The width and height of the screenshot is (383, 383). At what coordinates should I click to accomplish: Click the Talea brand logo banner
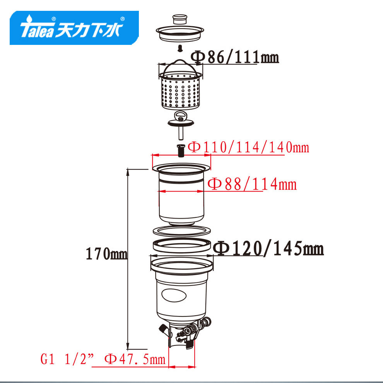click(74, 27)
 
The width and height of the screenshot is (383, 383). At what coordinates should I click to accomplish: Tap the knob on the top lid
click(180, 19)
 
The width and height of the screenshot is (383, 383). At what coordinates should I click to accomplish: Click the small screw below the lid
click(180, 48)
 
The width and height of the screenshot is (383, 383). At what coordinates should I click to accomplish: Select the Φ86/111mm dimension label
click(234, 57)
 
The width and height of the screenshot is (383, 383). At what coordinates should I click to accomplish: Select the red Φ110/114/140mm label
click(248, 147)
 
